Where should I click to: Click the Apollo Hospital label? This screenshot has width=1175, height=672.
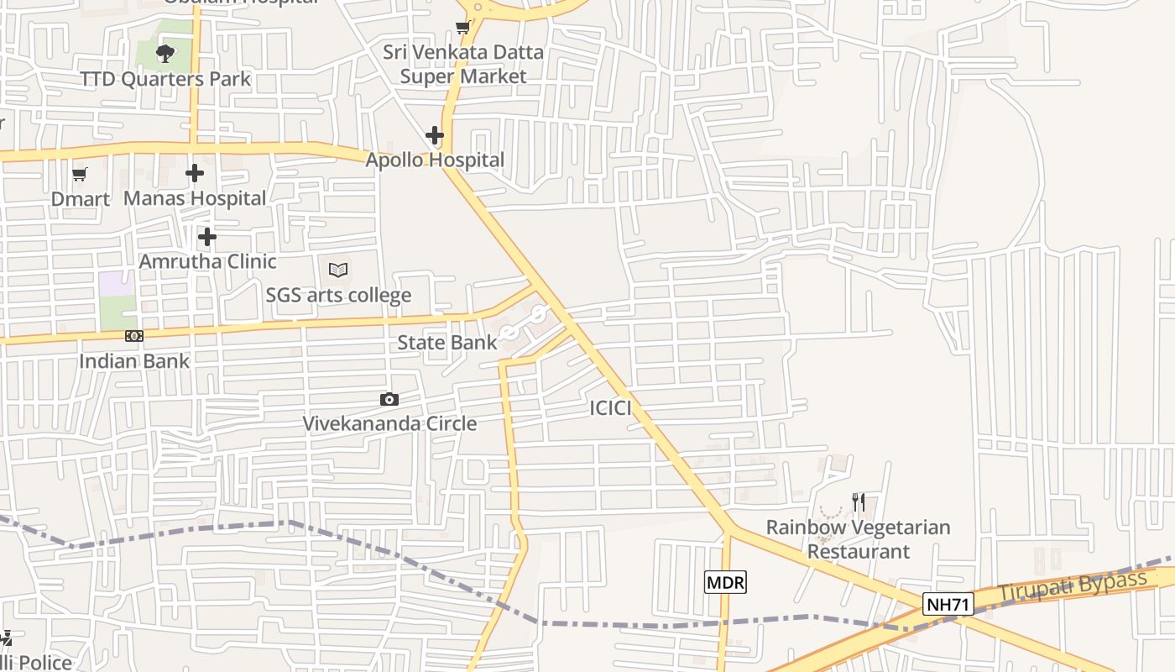435,160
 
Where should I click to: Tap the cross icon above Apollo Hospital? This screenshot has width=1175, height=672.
435,134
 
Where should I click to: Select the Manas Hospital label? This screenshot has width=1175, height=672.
195,198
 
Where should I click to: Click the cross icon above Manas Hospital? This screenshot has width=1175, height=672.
195,173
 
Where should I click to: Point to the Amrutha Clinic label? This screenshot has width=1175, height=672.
207,261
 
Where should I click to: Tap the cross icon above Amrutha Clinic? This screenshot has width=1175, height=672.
207,237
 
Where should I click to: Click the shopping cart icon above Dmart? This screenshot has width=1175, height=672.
80,175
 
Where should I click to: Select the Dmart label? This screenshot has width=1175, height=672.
81,199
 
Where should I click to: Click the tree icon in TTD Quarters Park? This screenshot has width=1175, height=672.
165,54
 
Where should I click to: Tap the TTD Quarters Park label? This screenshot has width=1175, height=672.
165,79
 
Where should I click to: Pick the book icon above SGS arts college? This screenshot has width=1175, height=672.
338,270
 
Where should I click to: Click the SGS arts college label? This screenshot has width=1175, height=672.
338,295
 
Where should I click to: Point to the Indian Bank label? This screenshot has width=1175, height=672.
134,361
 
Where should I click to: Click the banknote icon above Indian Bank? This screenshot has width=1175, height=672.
133,336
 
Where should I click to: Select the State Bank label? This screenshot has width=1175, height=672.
446,342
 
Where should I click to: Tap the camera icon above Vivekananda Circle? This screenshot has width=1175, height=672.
389,400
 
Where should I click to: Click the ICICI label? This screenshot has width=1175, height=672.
610,408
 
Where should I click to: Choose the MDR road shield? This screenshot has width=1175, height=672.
724,582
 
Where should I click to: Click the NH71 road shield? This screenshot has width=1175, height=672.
948,604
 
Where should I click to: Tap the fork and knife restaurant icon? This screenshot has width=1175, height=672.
858,502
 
